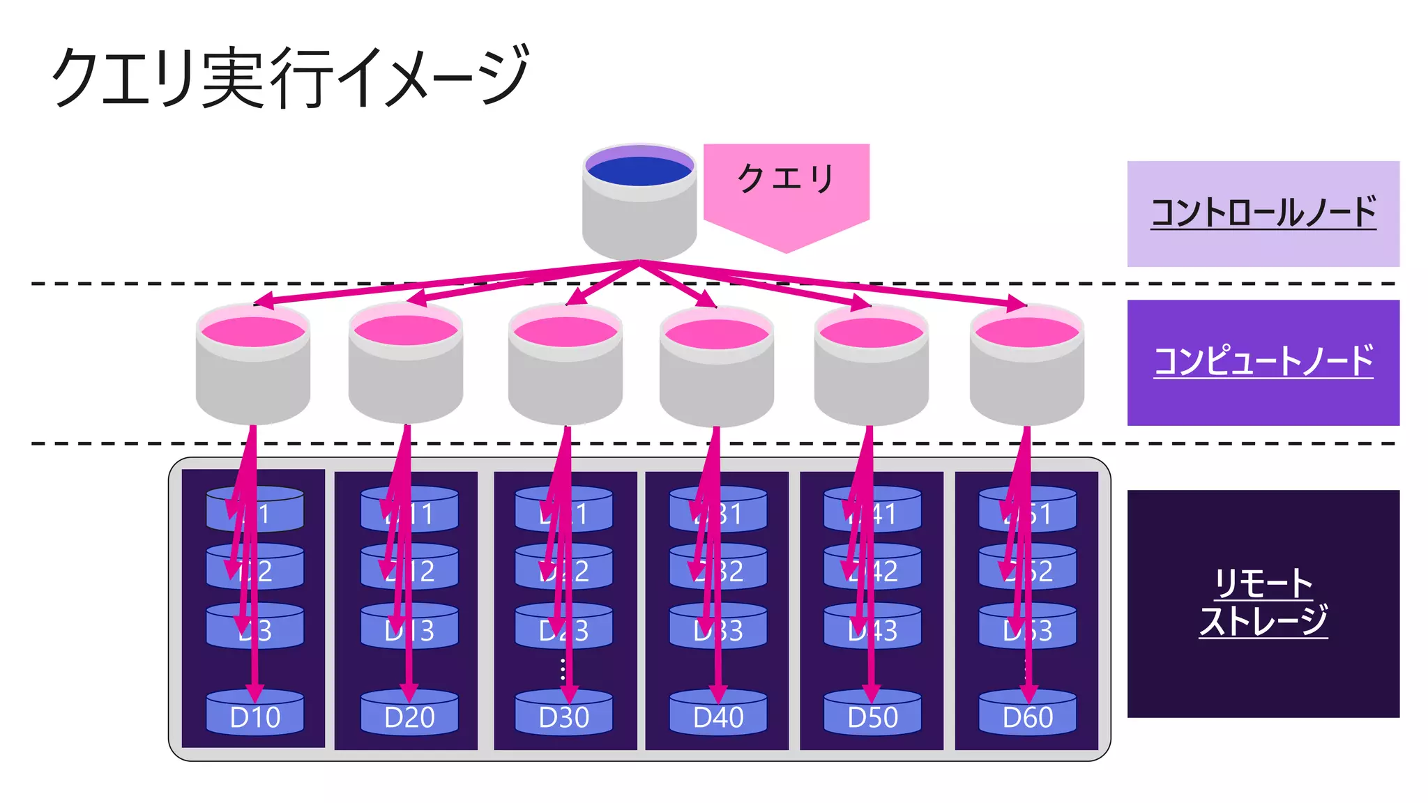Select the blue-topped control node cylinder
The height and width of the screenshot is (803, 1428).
[639, 202]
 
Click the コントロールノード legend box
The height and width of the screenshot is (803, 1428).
[1263, 213]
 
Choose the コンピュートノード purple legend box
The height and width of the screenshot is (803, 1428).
[1263, 362]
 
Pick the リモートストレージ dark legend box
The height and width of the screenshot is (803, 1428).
[1263, 604]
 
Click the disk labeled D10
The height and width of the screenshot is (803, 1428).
[255, 714]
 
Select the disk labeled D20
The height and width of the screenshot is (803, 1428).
[409, 714]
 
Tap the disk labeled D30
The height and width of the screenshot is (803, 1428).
[564, 714]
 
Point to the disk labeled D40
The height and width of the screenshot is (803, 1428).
[718, 714]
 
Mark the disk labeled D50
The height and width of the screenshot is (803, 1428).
[872, 714]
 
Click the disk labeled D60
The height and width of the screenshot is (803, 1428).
[1027, 714]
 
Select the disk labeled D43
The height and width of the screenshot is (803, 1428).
[872, 627]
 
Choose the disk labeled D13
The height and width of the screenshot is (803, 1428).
[409, 627]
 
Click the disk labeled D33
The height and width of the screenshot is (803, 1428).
[718, 627]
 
